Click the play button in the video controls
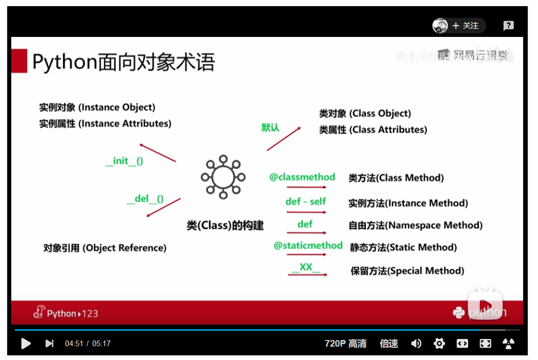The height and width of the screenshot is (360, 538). (x=26, y=343)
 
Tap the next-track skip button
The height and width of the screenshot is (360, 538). (x=49, y=343)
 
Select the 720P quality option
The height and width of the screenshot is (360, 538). (x=346, y=343)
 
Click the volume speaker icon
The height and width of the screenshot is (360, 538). (x=416, y=343)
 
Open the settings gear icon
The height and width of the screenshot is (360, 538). (x=439, y=343)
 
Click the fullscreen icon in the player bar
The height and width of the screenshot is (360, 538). (x=485, y=343)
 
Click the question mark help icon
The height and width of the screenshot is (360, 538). (x=508, y=26)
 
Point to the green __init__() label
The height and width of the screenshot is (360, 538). (x=124, y=161)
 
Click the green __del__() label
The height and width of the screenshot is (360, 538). (x=145, y=198)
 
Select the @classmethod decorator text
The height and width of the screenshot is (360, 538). (x=302, y=177)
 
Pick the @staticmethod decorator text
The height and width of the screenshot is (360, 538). (x=308, y=245)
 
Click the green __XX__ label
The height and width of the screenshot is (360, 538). (x=306, y=267)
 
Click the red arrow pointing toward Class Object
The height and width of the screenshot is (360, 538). (x=284, y=138)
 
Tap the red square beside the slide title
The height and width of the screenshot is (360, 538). (x=19, y=61)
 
